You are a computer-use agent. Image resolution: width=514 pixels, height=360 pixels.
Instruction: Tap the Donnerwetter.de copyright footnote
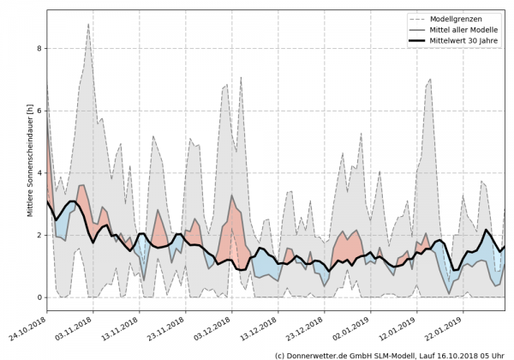391,354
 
